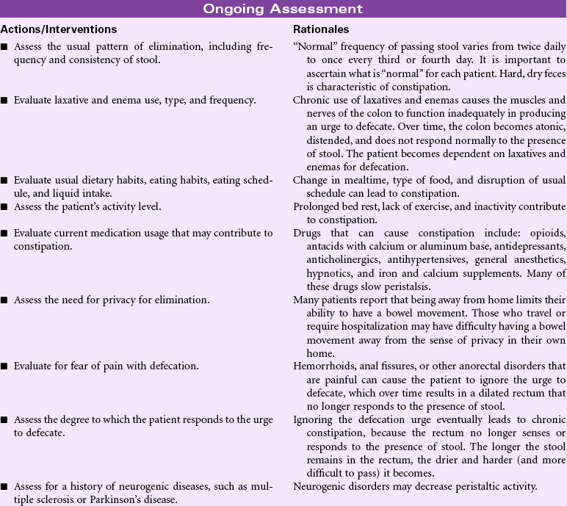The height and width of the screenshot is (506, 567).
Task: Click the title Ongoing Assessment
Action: pos(283,9)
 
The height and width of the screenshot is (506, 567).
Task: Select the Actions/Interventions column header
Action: pos(58,29)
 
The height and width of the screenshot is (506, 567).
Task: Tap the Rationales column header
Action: pos(321,29)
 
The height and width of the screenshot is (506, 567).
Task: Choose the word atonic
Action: pos(547,126)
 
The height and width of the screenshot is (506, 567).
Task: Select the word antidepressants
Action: pos(527,246)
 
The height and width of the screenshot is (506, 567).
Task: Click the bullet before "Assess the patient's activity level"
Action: pos(5,207)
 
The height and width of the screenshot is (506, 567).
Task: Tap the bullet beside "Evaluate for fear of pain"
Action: pos(5,366)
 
